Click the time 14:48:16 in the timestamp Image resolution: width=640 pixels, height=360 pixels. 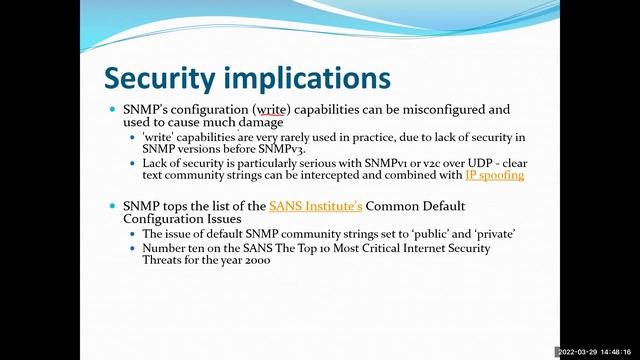[x=618, y=352]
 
